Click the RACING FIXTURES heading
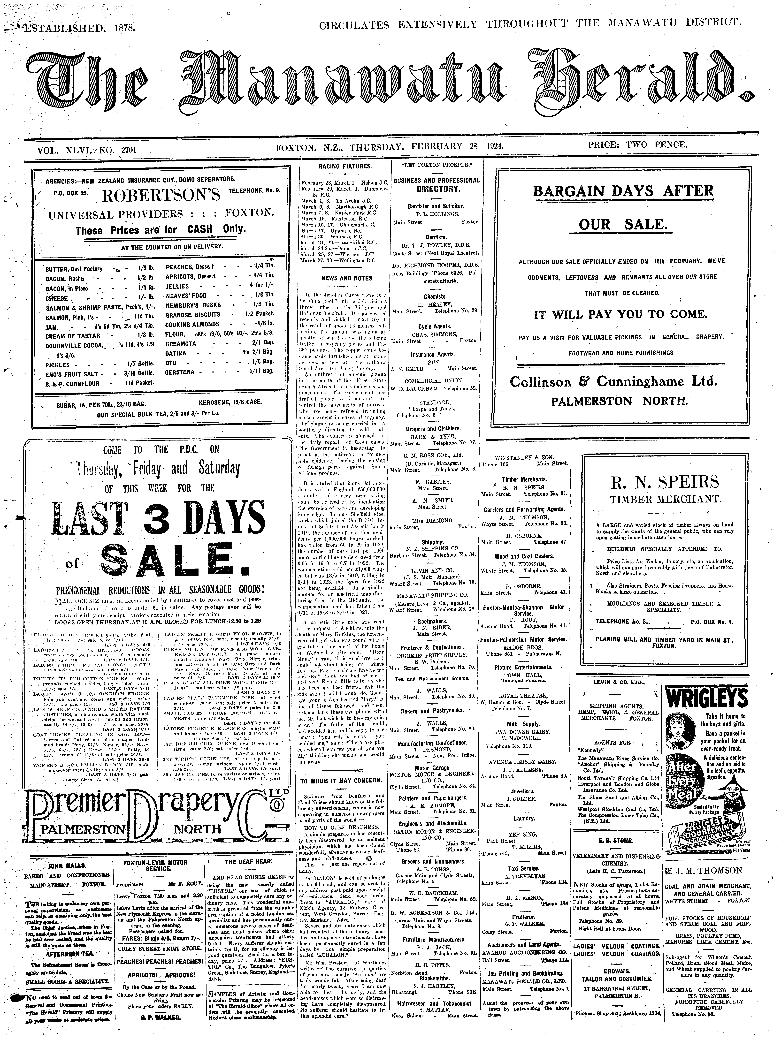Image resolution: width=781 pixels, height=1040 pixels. (x=345, y=166)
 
